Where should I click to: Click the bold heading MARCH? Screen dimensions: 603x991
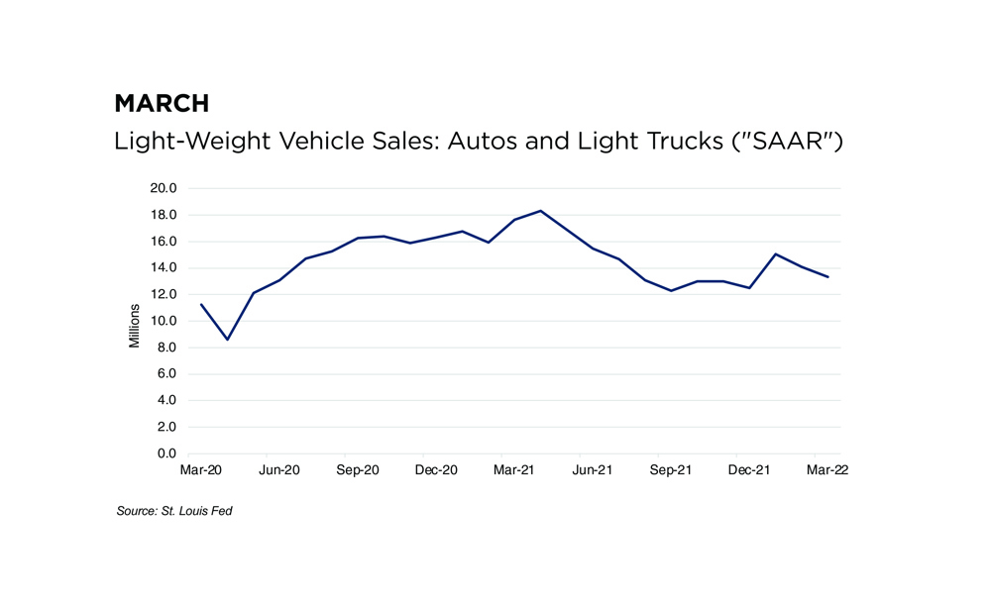coord(162,103)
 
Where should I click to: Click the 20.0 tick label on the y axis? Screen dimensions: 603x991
coord(164,188)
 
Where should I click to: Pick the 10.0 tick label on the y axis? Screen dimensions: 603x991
coord(164,321)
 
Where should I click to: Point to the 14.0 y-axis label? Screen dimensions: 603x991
coord(164,267)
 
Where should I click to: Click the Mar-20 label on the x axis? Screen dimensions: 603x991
coord(201,470)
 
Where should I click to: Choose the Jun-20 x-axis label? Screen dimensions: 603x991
coord(279,470)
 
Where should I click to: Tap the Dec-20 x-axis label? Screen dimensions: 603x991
coord(436,470)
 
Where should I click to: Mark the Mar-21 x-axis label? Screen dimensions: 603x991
coord(514,470)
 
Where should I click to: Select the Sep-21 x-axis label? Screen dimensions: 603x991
coord(671,470)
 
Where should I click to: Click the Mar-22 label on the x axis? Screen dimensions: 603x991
coord(827,470)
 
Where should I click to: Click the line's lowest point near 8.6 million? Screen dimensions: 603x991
coord(228,340)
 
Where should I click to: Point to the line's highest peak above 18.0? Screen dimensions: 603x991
coord(540,210)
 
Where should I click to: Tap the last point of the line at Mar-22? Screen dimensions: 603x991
coord(828,276)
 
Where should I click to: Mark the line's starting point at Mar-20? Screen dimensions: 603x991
coord(201,304)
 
